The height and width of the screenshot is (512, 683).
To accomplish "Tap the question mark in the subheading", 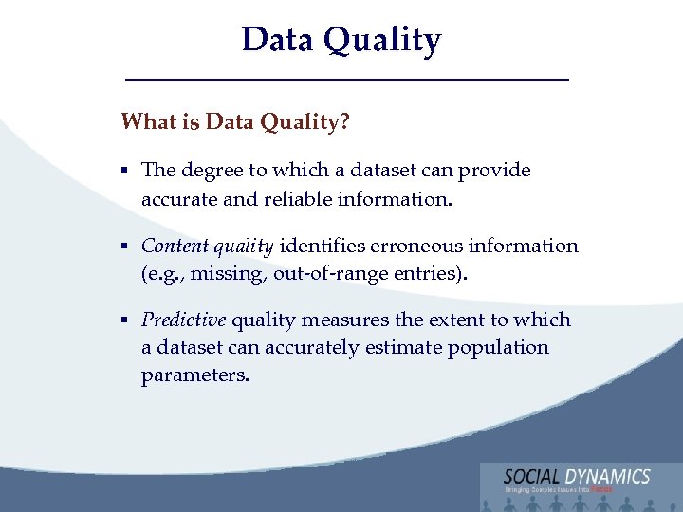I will pyautogui.click(x=342, y=122).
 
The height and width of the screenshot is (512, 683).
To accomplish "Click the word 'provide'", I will pyautogui.click(x=494, y=171).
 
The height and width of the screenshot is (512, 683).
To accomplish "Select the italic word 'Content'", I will pyautogui.click(x=175, y=246).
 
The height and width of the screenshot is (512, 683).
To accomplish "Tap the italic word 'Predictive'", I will pyautogui.click(x=183, y=320).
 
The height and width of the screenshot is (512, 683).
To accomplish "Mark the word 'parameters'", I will pyautogui.click(x=194, y=375).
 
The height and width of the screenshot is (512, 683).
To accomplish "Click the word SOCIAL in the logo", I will pyautogui.click(x=533, y=476).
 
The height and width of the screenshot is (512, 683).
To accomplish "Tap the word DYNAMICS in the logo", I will pyautogui.click(x=608, y=476).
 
